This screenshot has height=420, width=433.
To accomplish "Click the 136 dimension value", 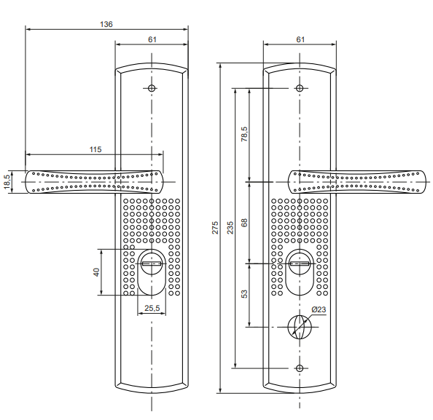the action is pyautogui.click(x=106, y=24).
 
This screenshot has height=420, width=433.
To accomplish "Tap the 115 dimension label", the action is pyautogui.click(x=95, y=149).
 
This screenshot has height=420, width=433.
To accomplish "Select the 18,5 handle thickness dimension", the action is pyautogui.click(x=7, y=182).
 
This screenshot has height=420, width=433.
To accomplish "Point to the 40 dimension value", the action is pyautogui.click(x=96, y=272).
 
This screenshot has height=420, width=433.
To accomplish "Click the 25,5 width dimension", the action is pyautogui.click(x=152, y=308).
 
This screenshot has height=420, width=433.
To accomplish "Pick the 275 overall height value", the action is pyautogui.click(x=215, y=228).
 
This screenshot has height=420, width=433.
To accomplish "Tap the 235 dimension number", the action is pyautogui.click(x=230, y=228).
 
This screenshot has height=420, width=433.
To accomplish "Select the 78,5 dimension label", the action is pyautogui.click(x=244, y=135).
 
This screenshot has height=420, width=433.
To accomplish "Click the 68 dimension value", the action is pyautogui.click(x=244, y=223).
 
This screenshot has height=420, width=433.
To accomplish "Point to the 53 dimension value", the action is pyautogui.click(x=244, y=294).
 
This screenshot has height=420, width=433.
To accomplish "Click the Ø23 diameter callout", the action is pyautogui.click(x=319, y=309).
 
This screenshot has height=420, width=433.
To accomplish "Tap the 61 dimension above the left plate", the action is pyautogui.click(x=152, y=40).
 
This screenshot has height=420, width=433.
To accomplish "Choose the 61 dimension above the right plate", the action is pyautogui.click(x=300, y=40).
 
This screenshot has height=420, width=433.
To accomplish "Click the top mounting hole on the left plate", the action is pyautogui.click(x=152, y=88).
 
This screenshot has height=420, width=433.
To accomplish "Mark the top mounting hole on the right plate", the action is pyautogui.click(x=300, y=88).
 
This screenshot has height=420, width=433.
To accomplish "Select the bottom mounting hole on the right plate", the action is pyautogui.click(x=300, y=368).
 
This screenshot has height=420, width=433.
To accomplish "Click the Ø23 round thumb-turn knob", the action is pyautogui.click(x=300, y=327).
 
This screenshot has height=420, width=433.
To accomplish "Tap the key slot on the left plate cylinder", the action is pyautogui.click(x=152, y=264).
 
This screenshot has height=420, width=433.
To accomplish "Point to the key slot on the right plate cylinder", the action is pyautogui.click(x=300, y=264).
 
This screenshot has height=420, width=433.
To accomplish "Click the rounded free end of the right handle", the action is pyautogui.click(x=424, y=182).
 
